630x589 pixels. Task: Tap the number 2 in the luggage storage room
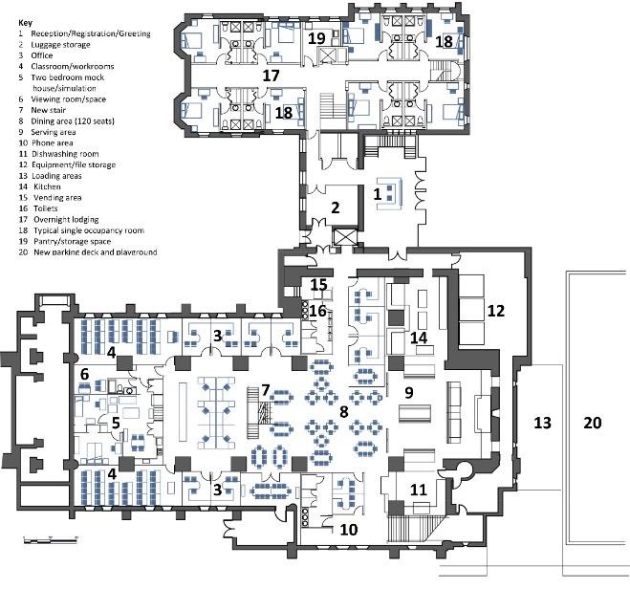(x=335, y=207)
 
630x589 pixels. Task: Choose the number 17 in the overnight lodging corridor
(x=272, y=75)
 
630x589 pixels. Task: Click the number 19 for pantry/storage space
(x=316, y=38)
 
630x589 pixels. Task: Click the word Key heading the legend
(x=26, y=22)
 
